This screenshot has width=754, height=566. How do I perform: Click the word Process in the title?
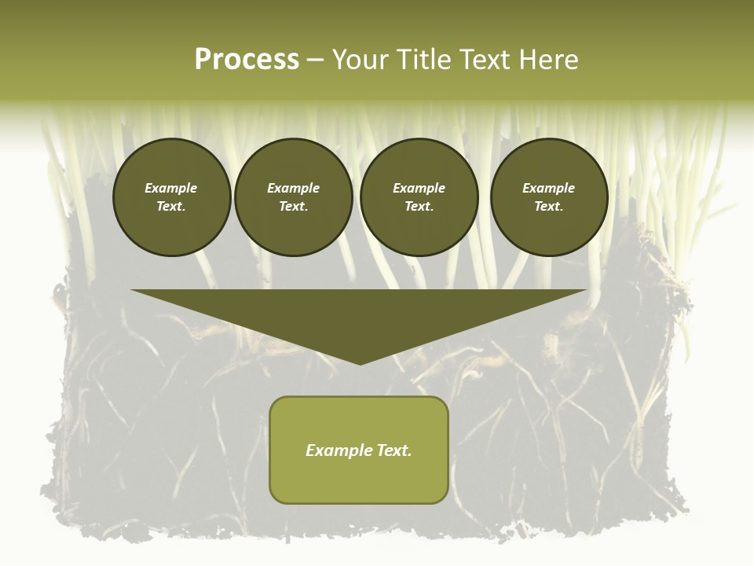pyautogui.click(x=247, y=60)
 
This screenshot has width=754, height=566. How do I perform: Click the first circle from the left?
pyautogui.click(x=171, y=197)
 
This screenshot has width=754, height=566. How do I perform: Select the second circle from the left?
pyautogui.click(x=293, y=197)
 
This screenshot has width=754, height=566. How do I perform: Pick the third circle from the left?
pyautogui.click(x=419, y=197)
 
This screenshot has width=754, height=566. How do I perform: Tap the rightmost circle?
pyautogui.click(x=548, y=197)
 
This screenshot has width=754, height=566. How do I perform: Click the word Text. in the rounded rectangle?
pyautogui.click(x=395, y=450)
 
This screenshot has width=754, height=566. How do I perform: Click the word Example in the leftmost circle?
pyautogui.click(x=171, y=188)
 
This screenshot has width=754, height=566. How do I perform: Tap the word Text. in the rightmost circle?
pyautogui.click(x=548, y=207)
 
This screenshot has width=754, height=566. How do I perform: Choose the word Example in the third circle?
pyautogui.click(x=419, y=188)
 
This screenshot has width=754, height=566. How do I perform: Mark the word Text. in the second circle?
pyautogui.click(x=293, y=207)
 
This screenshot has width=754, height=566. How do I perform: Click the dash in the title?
pyautogui.click(x=315, y=60)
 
